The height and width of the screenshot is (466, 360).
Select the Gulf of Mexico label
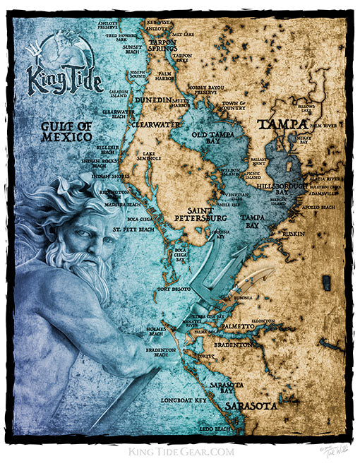(66, 131)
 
